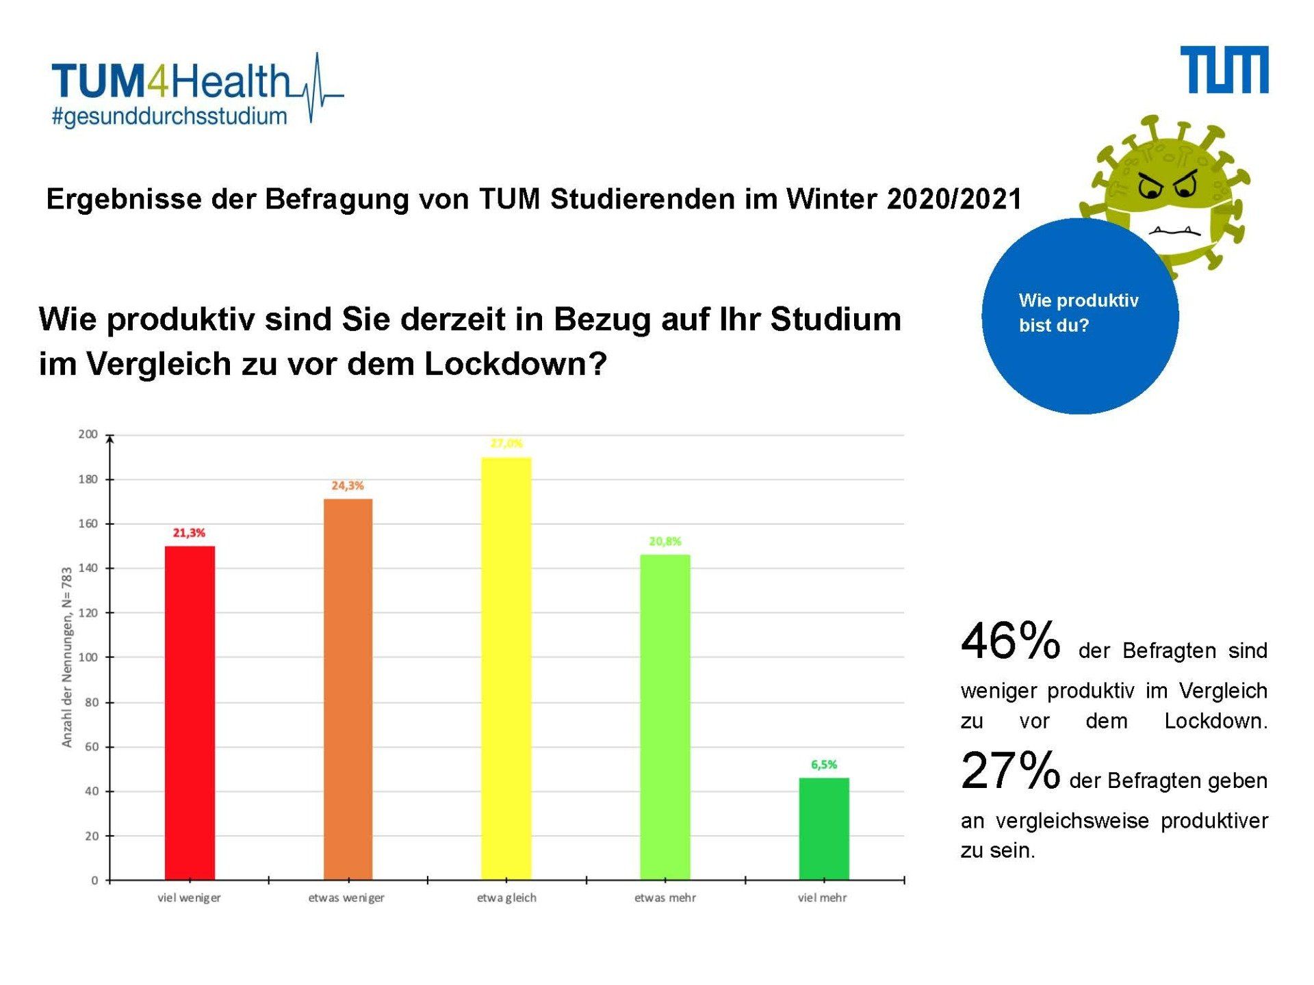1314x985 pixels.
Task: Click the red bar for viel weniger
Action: tap(190, 712)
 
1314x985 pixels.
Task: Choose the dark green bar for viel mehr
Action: tap(823, 828)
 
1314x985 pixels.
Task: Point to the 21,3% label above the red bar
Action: tap(189, 533)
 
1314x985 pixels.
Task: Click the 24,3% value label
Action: tap(348, 486)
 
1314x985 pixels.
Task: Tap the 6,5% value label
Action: tap(824, 765)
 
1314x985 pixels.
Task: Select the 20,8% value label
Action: tap(665, 541)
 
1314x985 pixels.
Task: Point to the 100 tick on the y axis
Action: tap(88, 657)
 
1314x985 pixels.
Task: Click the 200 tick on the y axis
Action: tap(88, 434)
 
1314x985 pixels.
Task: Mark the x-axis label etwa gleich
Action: tap(506, 897)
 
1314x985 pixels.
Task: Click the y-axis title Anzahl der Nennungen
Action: tap(67, 657)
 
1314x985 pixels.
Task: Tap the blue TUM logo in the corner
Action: tap(1224, 70)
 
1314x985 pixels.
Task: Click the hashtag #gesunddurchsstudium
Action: tap(170, 117)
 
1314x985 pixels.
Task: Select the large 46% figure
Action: tap(1010, 642)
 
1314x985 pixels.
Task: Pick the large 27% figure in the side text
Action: tap(1010, 771)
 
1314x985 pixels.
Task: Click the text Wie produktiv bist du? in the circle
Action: tap(1078, 313)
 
